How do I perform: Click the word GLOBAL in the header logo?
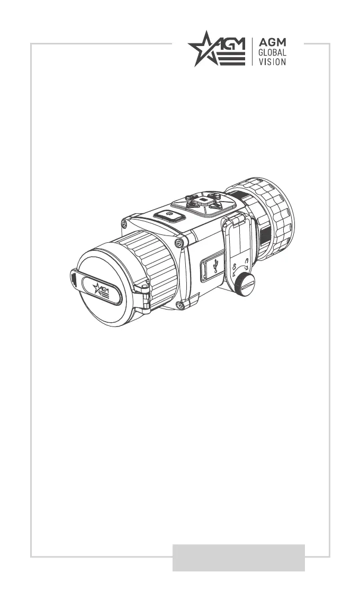(x=272, y=52)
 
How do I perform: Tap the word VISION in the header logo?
(x=272, y=61)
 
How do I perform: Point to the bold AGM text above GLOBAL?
(x=272, y=42)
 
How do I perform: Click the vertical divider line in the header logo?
(x=252, y=52)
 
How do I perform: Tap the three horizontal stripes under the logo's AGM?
(x=231, y=59)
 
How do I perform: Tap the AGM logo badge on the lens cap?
(x=102, y=290)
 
